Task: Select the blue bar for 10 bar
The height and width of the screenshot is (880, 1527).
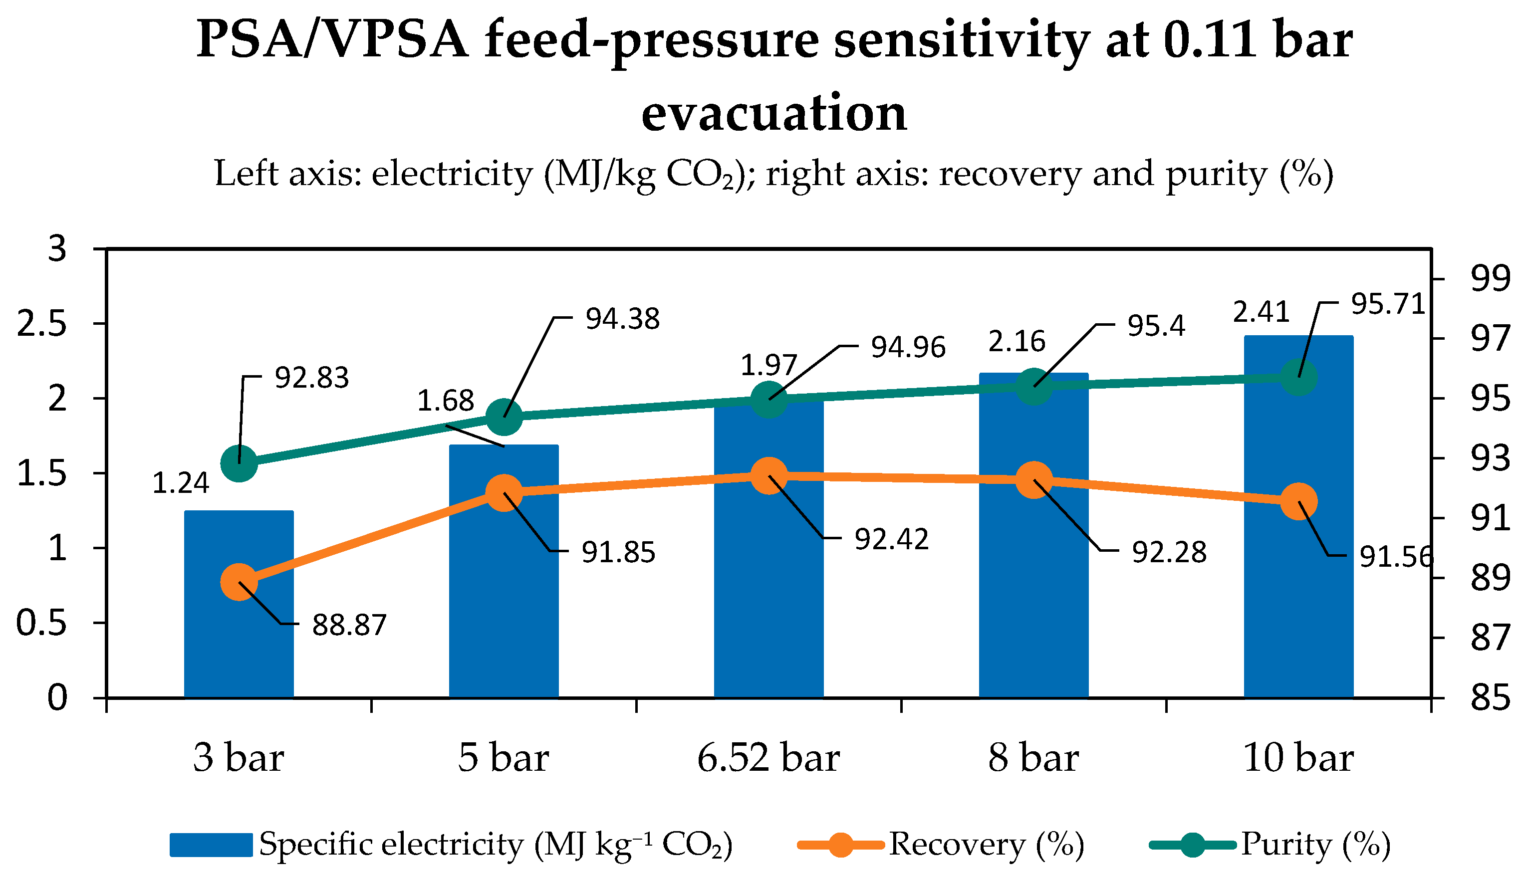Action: pyautogui.click(x=1298, y=516)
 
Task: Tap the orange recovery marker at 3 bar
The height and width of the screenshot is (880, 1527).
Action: pyautogui.click(x=239, y=582)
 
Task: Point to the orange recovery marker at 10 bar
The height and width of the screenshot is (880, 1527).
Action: pyautogui.click(x=1299, y=501)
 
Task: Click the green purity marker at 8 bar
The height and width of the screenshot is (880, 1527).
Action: pyautogui.click(x=1033, y=386)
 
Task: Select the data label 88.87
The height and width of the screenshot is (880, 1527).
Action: pyautogui.click(x=349, y=625)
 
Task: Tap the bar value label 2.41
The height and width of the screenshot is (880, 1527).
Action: pyautogui.click(x=1261, y=312)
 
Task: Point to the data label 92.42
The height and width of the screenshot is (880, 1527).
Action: pyautogui.click(x=891, y=539)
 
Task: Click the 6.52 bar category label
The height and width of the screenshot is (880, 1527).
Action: pyautogui.click(x=768, y=758)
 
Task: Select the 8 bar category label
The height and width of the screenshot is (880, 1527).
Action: pyautogui.click(x=1033, y=758)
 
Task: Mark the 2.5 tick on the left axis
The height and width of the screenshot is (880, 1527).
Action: pyautogui.click(x=41, y=324)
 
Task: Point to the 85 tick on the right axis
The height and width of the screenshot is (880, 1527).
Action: pyautogui.click(x=1490, y=697)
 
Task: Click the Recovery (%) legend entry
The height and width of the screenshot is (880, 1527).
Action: pyautogui.click(x=941, y=845)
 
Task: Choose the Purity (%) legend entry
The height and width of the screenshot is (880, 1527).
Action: pyautogui.click(x=1270, y=845)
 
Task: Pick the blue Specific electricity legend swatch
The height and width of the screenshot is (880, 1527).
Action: pyautogui.click(x=211, y=845)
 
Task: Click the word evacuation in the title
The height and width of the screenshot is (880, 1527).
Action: pyautogui.click(x=774, y=113)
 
